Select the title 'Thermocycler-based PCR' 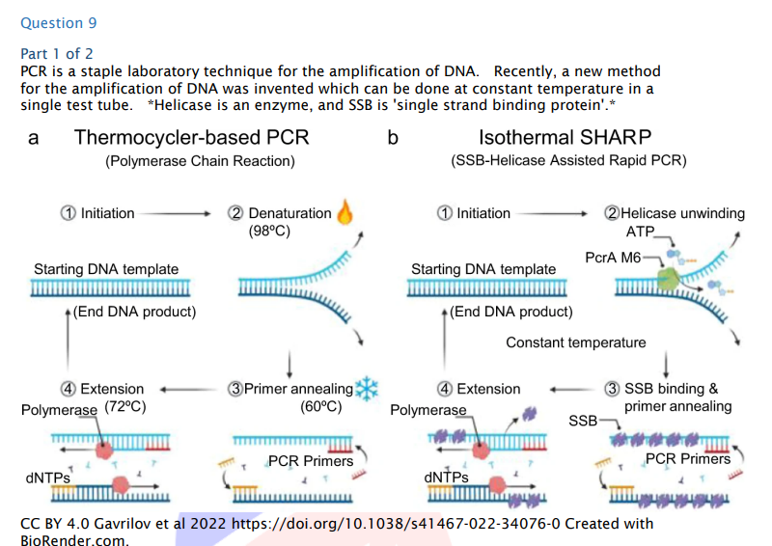click(x=192, y=137)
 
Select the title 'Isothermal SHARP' click(x=565, y=137)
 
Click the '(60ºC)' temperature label click(x=321, y=406)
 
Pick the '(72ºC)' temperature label click(x=124, y=406)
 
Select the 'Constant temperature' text click(x=576, y=342)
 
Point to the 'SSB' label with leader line click(x=582, y=421)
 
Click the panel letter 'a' click(x=34, y=138)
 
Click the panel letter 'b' click(x=393, y=138)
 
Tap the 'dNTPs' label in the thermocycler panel click(x=46, y=478)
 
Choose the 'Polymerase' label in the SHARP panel click(x=427, y=410)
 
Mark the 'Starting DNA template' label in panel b click(x=483, y=269)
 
